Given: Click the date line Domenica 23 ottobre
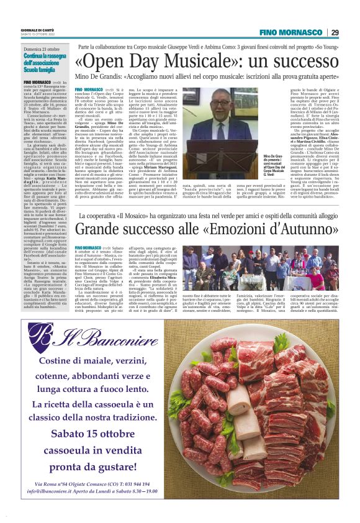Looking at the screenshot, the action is coord(42,48).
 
